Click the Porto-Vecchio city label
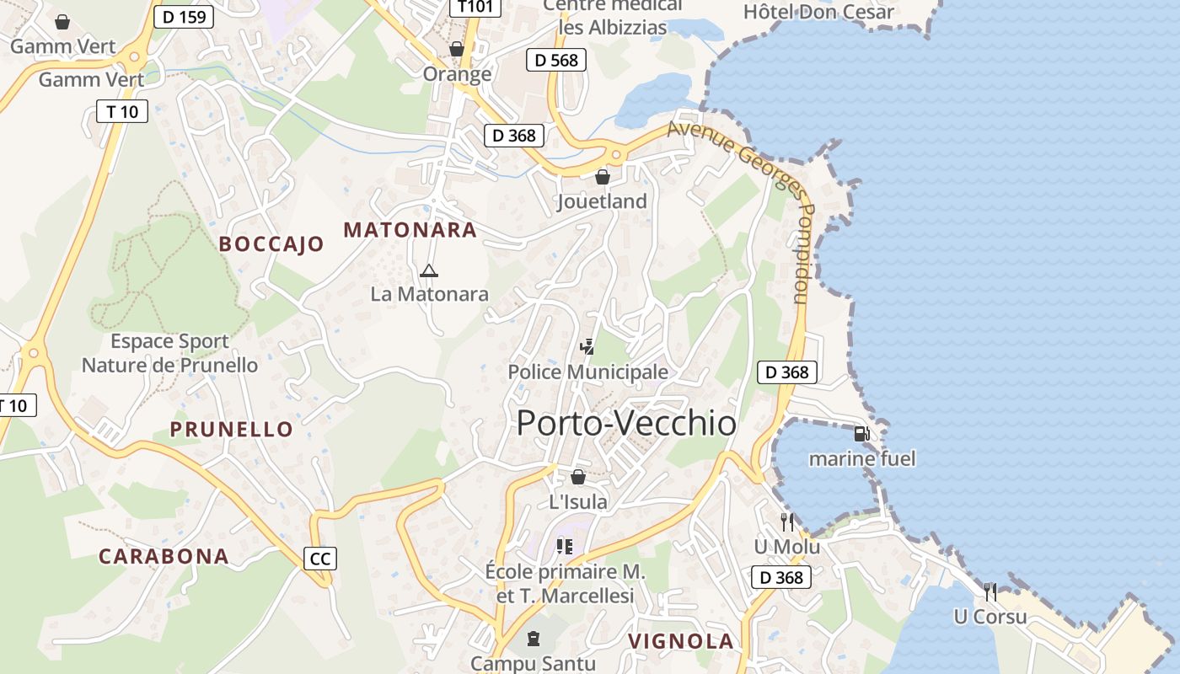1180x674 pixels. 626,423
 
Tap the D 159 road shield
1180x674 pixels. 183,16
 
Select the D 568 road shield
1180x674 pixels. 556,60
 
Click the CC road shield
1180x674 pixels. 320,558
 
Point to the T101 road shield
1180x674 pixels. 475,7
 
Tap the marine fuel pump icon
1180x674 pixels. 861,434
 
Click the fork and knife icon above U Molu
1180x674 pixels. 786,522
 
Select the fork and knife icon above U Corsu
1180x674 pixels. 990,591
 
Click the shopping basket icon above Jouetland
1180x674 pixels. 603,177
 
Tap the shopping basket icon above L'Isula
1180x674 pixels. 578,478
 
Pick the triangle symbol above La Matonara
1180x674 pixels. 429,270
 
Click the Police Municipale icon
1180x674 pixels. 587,346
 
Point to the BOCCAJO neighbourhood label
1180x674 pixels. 271,244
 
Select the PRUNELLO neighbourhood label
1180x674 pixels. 232,429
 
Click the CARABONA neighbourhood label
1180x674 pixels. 164,556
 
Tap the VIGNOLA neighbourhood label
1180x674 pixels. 681,641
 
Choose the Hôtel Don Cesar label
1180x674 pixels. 818,12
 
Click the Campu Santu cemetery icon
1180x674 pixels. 533,638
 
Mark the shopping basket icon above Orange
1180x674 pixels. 457,49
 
